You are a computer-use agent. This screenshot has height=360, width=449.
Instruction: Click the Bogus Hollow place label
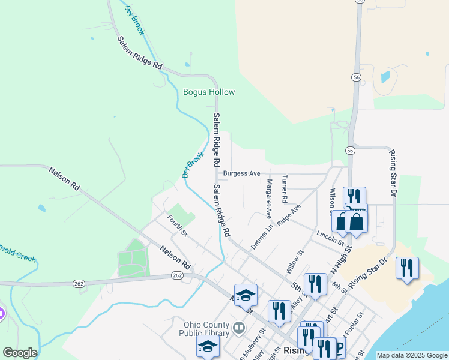208,92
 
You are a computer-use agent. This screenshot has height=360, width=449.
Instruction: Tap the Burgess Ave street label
241,173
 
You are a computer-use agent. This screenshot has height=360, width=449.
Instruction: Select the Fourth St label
178,226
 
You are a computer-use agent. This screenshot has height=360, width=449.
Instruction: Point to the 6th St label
340,286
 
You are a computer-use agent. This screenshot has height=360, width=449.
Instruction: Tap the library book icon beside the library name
239,328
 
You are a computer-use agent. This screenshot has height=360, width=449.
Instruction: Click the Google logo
19,353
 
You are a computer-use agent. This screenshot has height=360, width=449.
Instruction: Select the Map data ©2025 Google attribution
411,355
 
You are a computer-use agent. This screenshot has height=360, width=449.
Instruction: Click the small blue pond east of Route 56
385,77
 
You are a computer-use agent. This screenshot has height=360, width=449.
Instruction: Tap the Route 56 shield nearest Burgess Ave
350,150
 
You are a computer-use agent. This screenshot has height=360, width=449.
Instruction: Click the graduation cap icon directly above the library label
246,295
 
